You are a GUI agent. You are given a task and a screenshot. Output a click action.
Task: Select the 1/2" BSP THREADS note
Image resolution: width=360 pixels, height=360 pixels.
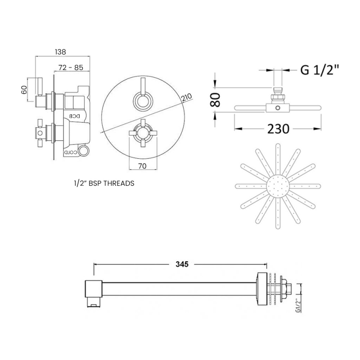click(103, 183)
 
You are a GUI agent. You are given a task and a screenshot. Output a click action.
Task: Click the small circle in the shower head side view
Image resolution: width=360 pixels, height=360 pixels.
click(278, 108)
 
